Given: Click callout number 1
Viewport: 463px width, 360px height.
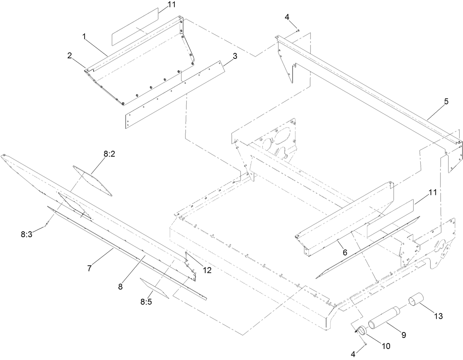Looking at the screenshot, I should coord(84,37).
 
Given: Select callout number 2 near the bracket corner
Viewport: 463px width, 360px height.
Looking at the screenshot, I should coord(69,56).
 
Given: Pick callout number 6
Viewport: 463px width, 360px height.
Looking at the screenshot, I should coord(344,253).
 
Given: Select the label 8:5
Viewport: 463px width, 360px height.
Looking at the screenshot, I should coord(146,302).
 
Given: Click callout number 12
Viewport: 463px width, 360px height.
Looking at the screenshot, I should coord(207,270).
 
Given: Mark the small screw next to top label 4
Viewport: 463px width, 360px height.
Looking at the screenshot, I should coord(298,31).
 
